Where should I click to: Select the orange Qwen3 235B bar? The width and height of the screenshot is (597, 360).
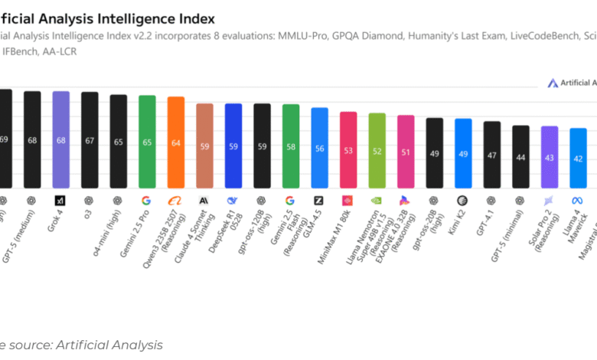[x=175, y=142]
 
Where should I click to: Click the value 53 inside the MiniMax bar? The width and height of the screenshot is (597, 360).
[x=348, y=151]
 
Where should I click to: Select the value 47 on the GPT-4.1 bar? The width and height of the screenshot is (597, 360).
[x=492, y=155]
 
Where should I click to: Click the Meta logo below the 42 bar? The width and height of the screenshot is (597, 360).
[x=578, y=200]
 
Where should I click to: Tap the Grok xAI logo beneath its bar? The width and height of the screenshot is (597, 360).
[x=60, y=200]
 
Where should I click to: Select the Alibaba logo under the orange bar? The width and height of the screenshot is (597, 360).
[x=175, y=200]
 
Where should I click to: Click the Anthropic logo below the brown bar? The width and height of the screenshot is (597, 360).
[x=204, y=200]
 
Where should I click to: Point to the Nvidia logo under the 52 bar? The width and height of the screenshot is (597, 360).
[x=377, y=200]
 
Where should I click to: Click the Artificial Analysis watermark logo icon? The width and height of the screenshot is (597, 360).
[x=553, y=83]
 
